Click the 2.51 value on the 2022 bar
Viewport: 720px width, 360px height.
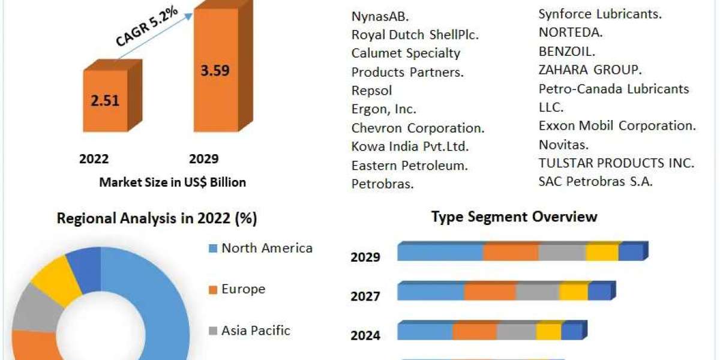104,100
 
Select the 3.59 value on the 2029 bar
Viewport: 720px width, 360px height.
214,70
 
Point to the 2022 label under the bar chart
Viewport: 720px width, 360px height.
94,159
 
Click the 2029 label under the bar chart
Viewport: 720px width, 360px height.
204,159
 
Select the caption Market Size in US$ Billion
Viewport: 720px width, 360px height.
172,182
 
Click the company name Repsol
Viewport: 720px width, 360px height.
371,91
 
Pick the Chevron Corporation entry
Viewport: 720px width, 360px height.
418,128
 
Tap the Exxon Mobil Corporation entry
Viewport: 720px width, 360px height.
617,126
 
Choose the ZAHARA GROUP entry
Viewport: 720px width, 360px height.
590,70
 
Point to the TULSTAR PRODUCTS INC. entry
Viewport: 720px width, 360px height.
616,163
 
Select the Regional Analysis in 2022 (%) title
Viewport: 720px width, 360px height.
157,219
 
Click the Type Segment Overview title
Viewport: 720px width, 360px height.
514,217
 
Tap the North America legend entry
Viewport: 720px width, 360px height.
266,248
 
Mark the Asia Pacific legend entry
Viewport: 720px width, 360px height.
256,330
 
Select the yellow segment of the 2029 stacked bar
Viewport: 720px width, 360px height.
602,253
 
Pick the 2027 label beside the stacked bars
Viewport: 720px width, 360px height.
365,296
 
